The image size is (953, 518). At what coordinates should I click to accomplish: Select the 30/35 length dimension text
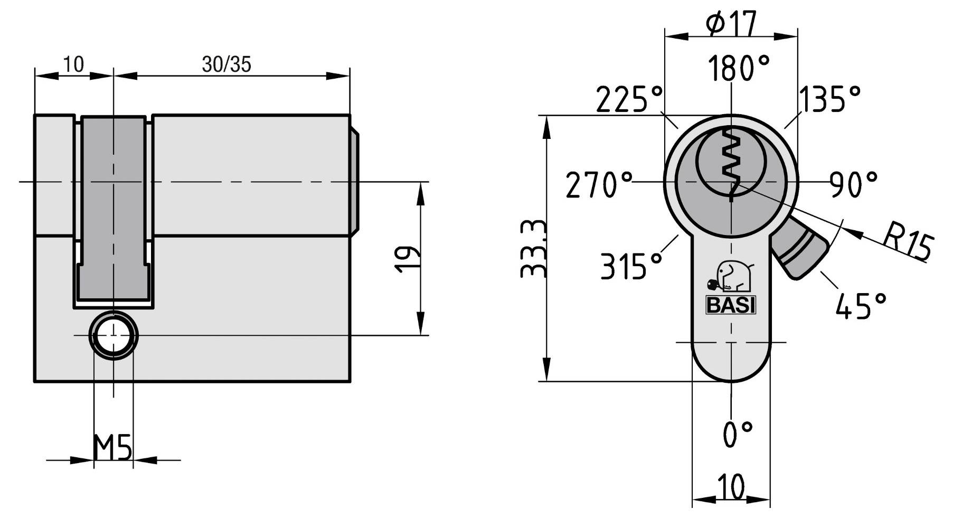[x=227, y=64]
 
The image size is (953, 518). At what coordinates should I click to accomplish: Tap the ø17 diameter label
[x=731, y=23]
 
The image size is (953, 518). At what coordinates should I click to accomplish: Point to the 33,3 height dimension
[x=533, y=248]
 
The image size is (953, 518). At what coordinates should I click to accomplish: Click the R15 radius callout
[x=907, y=241]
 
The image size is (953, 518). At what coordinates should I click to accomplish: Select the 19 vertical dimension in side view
[x=408, y=259]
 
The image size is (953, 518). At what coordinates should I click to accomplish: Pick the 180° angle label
[x=738, y=69]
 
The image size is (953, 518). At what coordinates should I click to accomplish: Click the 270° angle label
[x=599, y=185]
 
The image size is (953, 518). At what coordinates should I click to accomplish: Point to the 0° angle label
[x=738, y=434]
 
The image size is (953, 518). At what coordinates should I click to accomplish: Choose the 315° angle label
[x=631, y=266]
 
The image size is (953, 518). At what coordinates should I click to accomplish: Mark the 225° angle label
[x=629, y=99]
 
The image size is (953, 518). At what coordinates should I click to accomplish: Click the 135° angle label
[x=829, y=99]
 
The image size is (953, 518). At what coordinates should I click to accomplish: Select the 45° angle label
[x=861, y=306]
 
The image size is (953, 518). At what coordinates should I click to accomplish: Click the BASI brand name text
[x=731, y=306]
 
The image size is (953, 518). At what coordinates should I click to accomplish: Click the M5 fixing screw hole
[x=114, y=336]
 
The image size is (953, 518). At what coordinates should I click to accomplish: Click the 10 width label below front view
[x=731, y=486]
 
